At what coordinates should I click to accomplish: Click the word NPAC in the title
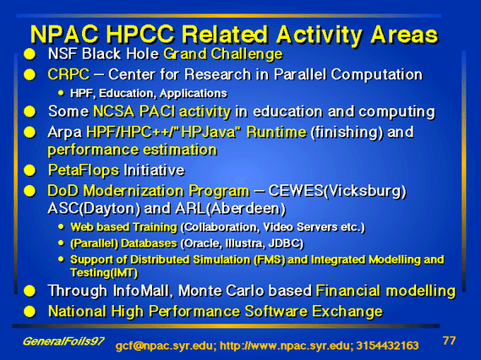tap(64, 35)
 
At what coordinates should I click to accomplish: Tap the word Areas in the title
tap(404, 35)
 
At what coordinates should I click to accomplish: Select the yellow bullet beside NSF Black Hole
tap(30, 54)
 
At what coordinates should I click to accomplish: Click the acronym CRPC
tap(68, 74)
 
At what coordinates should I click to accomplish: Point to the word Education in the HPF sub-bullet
tap(127, 93)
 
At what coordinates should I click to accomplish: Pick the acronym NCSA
tap(113, 112)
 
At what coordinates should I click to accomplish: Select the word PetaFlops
tap(84, 171)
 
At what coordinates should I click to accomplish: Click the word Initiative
tap(154, 170)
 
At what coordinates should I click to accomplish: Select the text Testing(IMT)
tap(104, 273)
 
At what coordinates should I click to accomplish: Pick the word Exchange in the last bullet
tap(347, 312)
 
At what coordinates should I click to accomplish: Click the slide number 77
tap(449, 341)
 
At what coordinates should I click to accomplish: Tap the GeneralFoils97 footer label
tap(63, 341)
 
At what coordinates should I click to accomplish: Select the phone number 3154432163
tap(387, 346)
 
